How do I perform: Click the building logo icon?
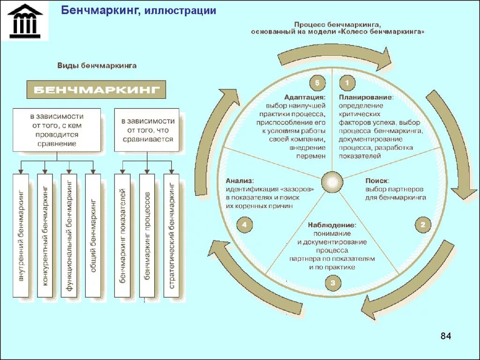[x=24, y=21]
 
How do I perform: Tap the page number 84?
[x=445, y=336]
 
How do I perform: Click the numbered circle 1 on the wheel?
[x=347, y=83]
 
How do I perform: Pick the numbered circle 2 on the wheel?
[x=422, y=225]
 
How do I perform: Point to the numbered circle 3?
[x=332, y=283]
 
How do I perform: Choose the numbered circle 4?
[x=244, y=225]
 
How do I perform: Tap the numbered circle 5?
[x=317, y=83]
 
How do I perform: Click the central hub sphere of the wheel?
[x=332, y=181]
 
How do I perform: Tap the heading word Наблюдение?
[x=332, y=225]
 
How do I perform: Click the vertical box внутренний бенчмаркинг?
[x=21, y=235]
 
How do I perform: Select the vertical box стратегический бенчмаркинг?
[x=172, y=235]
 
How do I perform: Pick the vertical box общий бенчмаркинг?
[x=93, y=235]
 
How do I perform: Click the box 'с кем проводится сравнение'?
[x=57, y=130]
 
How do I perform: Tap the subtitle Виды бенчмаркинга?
[x=97, y=66]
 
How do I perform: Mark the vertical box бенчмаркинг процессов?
[x=147, y=235]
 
